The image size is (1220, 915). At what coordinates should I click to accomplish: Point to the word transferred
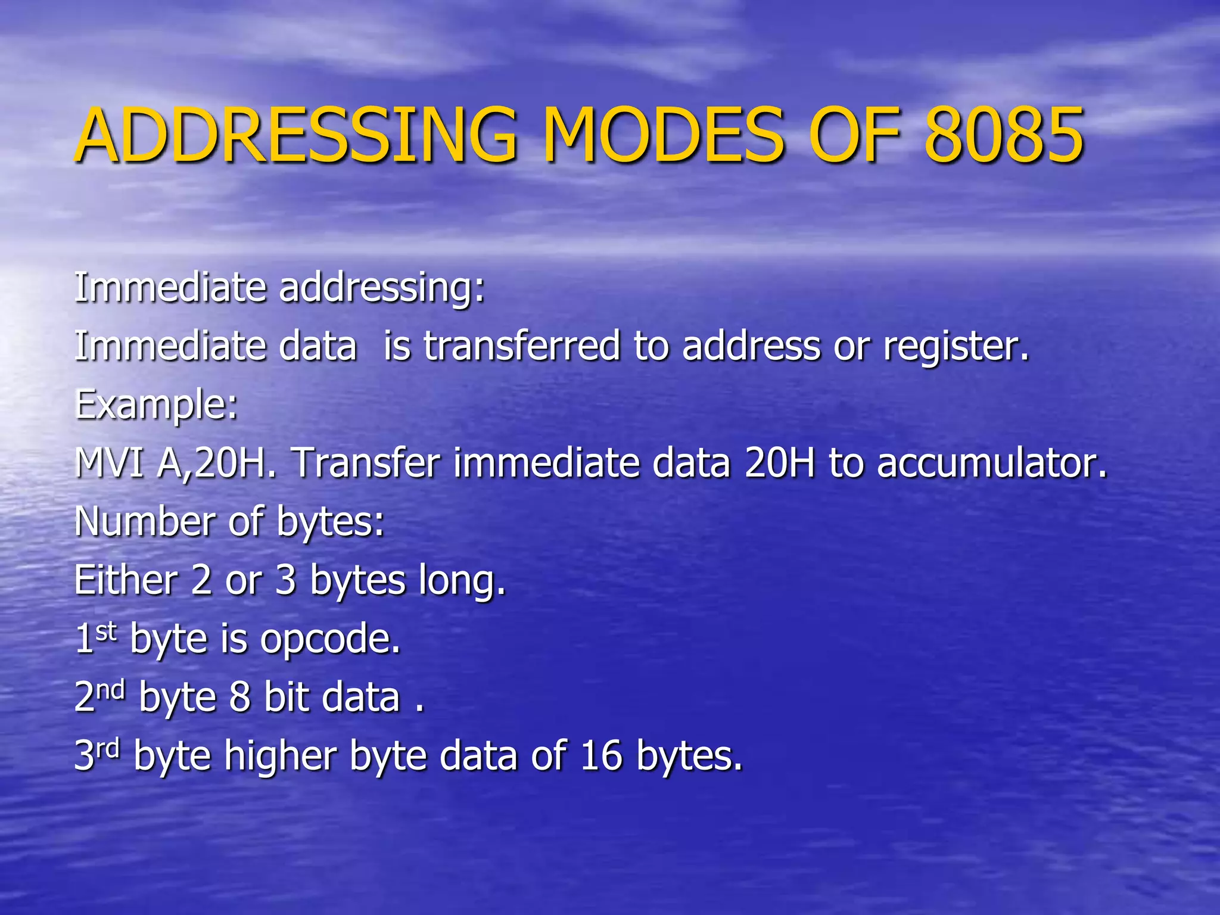tap(522, 346)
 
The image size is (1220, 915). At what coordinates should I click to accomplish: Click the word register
tap(956, 347)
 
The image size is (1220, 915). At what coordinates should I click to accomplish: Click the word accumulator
tap(992, 463)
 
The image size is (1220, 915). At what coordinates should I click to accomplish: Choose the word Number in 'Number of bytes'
tap(142, 521)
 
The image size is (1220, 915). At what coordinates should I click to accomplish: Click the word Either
tap(126, 580)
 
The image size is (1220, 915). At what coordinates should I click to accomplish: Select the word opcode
tap(330, 639)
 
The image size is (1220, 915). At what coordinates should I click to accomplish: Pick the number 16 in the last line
tap(601, 755)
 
